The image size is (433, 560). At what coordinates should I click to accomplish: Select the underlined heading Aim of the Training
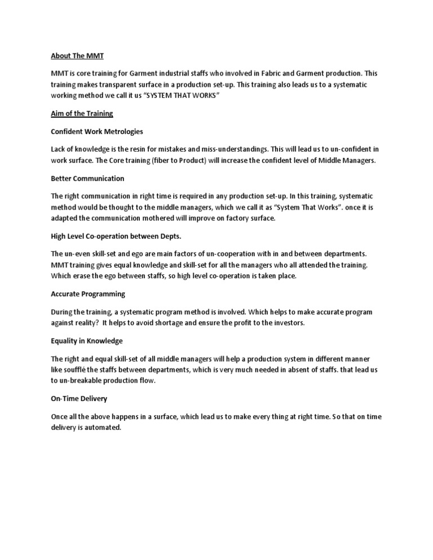tap(82, 113)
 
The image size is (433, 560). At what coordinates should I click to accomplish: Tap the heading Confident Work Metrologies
tap(97, 131)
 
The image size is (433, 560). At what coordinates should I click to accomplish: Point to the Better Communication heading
tap(87, 178)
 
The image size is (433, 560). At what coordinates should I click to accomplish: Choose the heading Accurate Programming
tap(88, 294)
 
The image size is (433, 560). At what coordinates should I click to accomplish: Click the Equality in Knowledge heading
tap(86, 341)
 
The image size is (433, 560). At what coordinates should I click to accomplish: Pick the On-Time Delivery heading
tap(79, 398)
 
